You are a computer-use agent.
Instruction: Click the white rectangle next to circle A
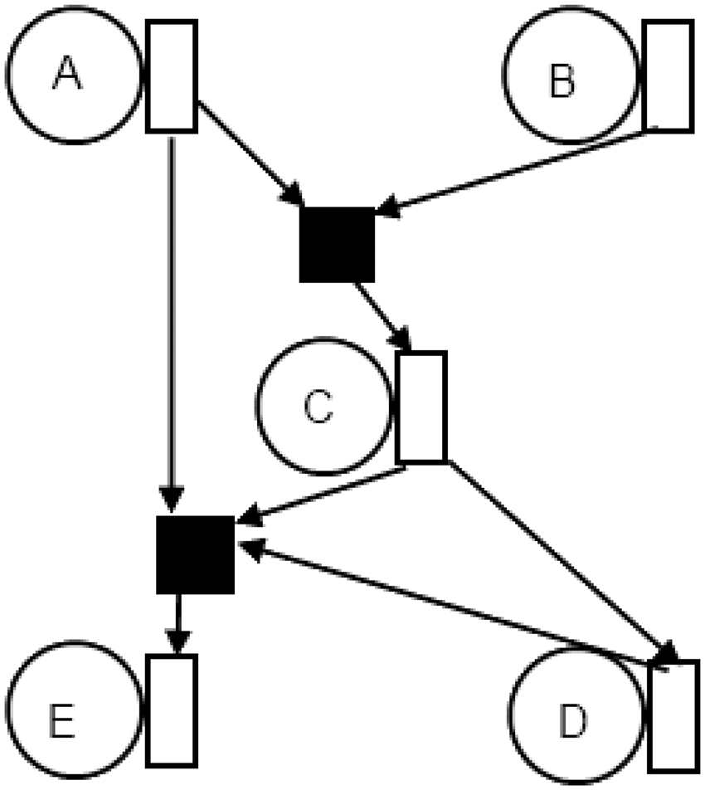click(x=171, y=76)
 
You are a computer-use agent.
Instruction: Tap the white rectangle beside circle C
click(x=421, y=407)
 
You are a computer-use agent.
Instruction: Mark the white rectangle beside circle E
click(x=172, y=710)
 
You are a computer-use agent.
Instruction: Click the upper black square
click(x=337, y=244)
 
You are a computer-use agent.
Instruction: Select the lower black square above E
click(x=196, y=554)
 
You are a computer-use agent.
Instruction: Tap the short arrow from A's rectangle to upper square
click(x=249, y=153)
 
